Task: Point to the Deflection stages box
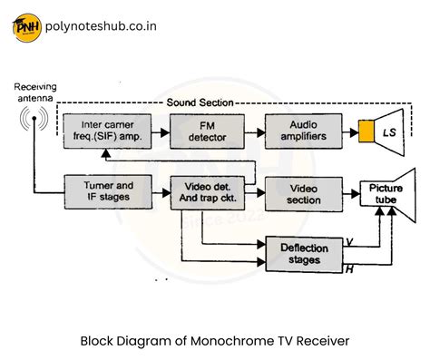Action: pos(304,253)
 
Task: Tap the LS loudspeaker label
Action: pos(389,132)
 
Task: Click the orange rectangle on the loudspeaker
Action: pos(366,132)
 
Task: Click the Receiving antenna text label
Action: pos(34,92)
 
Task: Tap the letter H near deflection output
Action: pos(349,269)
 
